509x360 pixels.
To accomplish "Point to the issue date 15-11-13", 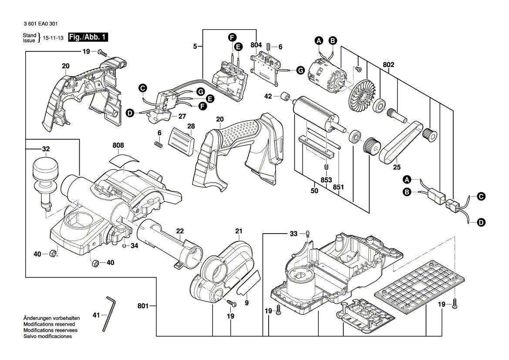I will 53,38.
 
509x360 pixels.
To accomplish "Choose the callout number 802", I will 389,65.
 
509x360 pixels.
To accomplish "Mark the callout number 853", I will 326,180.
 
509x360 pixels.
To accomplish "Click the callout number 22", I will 179,231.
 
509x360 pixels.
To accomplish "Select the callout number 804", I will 256,45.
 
